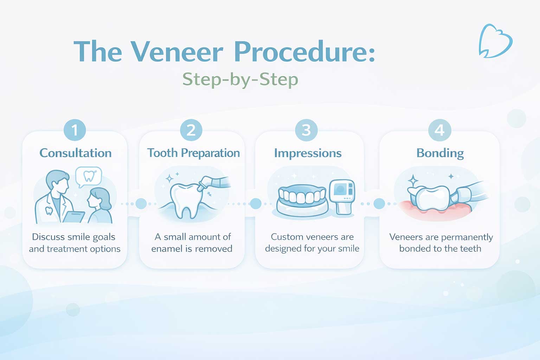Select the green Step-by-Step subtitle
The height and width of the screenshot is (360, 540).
coord(240,79)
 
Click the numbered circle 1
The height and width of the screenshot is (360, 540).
coord(75,130)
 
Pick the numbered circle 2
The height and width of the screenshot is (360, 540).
coord(191,130)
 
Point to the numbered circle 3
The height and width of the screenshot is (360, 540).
coord(307,130)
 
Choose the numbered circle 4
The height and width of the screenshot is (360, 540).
coord(439,130)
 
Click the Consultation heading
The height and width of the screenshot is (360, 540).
coord(76,153)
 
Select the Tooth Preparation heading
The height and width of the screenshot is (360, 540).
coord(193,153)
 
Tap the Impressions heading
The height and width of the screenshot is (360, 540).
coord(308,153)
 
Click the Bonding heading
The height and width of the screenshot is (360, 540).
coord(440,153)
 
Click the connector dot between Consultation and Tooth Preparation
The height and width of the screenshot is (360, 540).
coord(141,204)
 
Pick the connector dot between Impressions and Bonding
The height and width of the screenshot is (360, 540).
coord(379,204)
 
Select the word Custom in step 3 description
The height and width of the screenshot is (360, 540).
coord(286,237)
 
